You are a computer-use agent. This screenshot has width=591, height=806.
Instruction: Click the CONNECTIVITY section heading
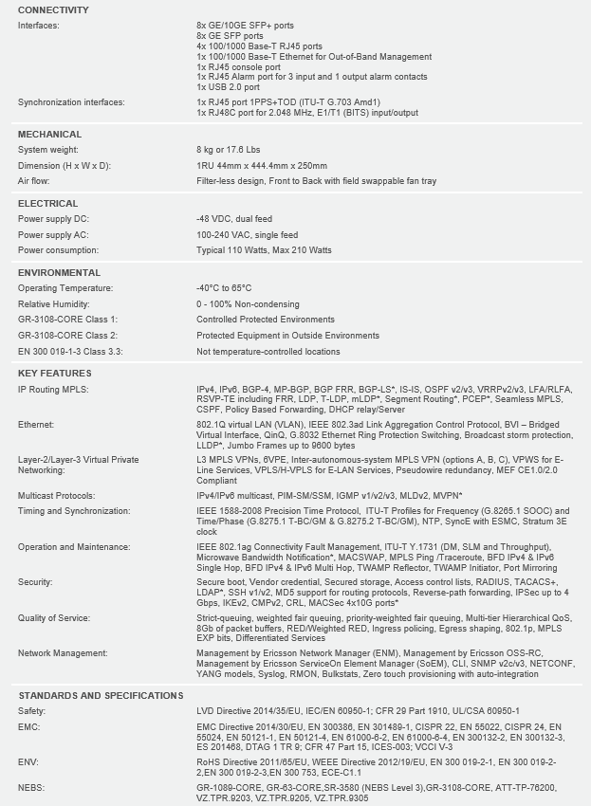(53, 10)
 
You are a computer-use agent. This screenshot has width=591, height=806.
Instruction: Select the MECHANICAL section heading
(49, 135)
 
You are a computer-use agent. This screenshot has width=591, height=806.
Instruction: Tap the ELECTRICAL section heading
(47, 204)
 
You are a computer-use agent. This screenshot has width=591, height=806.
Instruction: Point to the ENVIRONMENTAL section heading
(59, 273)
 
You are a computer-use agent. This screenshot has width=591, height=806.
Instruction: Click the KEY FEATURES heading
(54, 374)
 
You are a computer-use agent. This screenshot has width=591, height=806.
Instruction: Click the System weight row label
(47, 150)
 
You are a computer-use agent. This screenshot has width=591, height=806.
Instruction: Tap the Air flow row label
(35, 180)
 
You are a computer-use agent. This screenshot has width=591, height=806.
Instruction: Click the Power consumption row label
(59, 250)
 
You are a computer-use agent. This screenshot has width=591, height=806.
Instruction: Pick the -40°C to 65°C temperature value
(224, 288)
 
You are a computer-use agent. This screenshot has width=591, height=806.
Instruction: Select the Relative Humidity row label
(53, 304)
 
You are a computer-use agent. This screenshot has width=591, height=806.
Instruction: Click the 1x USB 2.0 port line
(228, 86)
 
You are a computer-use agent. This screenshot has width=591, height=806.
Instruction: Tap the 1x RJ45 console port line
(238, 66)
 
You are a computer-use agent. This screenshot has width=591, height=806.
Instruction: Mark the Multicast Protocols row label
(57, 496)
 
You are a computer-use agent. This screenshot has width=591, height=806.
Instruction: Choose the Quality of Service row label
(53, 618)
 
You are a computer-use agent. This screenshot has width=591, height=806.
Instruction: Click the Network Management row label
(62, 653)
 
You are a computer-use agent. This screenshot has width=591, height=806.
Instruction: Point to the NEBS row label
(30, 788)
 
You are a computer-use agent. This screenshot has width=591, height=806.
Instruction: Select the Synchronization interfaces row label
(72, 101)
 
